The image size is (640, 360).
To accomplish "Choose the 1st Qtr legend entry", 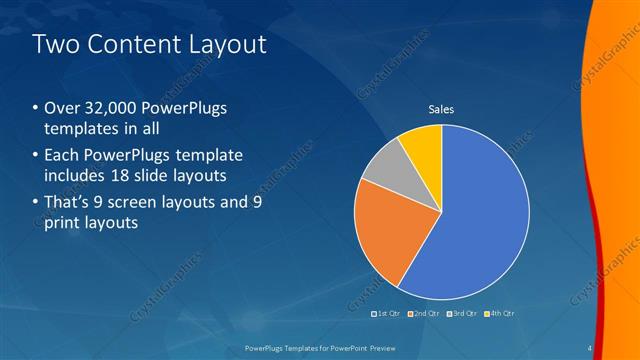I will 386,314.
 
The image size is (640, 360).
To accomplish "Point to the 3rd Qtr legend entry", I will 462,314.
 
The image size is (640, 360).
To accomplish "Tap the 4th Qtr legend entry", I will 499,314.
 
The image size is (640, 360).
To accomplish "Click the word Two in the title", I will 56,44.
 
